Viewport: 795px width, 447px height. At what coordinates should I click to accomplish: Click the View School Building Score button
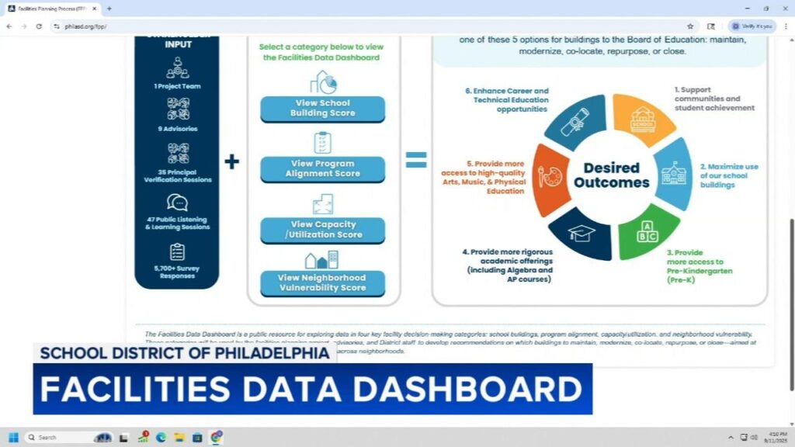(x=321, y=109)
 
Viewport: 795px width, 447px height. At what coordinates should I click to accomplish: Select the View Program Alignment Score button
(x=321, y=169)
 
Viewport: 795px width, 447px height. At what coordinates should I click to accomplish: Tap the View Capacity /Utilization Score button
(x=321, y=230)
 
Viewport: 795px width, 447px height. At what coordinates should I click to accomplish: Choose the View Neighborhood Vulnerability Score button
(x=321, y=283)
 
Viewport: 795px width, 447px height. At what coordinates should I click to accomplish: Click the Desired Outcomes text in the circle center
(x=611, y=175)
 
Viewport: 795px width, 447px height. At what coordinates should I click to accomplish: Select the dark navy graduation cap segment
(x=581, y=232)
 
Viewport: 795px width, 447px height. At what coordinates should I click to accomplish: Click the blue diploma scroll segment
(x=578, y=121)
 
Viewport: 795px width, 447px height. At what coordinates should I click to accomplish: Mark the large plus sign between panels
(x=231, y=161)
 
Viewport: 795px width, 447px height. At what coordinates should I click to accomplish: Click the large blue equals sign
(x=416, y=160)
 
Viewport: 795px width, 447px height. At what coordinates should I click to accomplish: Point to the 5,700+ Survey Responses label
(x=177, y=271)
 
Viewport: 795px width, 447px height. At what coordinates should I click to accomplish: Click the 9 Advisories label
(x=177, y=129)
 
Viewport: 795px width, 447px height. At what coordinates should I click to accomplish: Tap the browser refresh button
(x=36, y=26)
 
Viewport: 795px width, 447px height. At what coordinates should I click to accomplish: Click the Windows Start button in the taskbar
(x=13, y=437)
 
